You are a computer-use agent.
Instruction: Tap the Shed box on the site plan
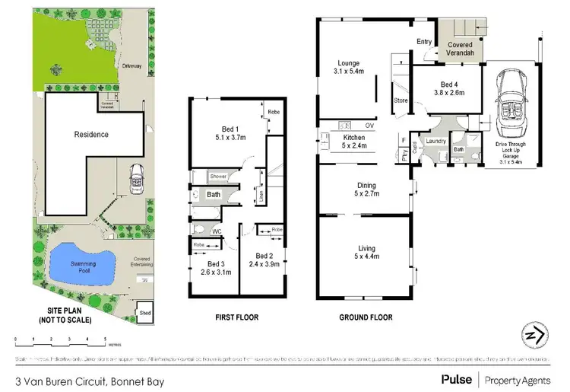144,312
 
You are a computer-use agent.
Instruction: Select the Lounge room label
349,67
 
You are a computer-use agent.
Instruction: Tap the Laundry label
435,141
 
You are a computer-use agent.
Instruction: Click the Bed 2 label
264,260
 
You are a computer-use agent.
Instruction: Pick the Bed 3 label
206,267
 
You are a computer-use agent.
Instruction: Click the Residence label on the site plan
91,135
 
